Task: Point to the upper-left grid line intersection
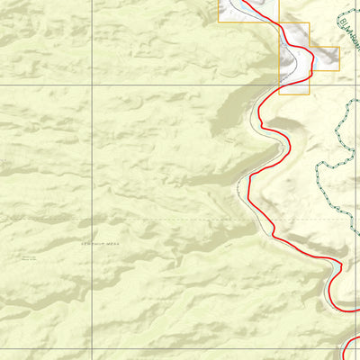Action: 93,85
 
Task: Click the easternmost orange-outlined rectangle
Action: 325,58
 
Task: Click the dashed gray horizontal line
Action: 135,219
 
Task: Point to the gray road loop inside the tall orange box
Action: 290,63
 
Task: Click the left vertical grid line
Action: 93,180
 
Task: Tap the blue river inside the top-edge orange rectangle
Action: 236,7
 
